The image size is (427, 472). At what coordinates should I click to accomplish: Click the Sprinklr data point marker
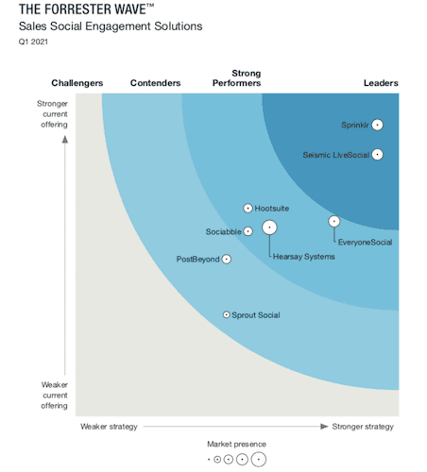click(x=377, y=125)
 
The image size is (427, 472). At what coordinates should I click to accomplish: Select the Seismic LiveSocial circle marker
click(x=377, y=154)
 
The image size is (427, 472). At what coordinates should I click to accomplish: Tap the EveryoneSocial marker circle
click(x=333, y=221)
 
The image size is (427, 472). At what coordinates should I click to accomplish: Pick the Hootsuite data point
click(x=248, y=208)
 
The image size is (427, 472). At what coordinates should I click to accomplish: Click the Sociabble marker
click(x=248, y=231)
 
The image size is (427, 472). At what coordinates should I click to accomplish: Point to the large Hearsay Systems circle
click(x=269, y=228)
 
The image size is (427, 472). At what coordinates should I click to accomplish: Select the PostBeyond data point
click(x=227, y=259)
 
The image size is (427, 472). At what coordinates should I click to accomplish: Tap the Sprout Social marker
click(x=226, y=314)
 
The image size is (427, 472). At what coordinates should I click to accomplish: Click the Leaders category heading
click(x=381, y=83)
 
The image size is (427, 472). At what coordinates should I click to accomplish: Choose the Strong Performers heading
click(x=247, y=78)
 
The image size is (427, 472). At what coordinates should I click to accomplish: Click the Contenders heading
click(x=155, y=83)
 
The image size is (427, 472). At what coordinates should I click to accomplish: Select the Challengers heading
click(x=77, y=83)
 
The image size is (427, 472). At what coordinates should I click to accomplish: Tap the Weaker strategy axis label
click(x=109, y=427)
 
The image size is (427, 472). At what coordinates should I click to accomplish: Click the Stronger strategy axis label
click(x=364, y=427)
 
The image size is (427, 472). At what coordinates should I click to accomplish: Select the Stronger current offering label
click(x=54, y=114)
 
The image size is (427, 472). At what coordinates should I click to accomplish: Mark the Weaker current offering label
click(x=54, y=396)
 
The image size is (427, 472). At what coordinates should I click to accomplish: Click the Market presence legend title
click(x=236, y=444)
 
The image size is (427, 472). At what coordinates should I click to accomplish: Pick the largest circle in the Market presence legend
click(x=258, y=460)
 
